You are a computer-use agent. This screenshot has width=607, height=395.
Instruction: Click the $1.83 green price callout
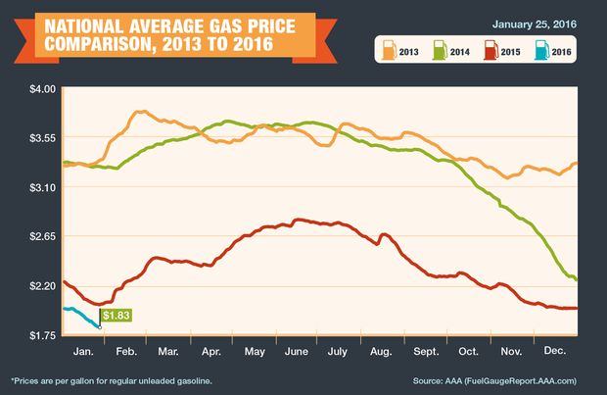coord(117,316)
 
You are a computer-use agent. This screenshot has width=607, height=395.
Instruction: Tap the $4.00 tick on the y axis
coord(42,89)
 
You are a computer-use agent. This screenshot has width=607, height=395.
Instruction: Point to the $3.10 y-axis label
coord(42,187)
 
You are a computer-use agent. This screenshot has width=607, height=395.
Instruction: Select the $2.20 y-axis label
coord(42,286)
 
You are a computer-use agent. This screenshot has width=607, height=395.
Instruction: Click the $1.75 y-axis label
coord(42,335)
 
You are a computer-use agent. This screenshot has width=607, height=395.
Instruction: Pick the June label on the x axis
coord(297,352)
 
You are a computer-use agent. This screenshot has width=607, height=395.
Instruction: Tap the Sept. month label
coord(426,352)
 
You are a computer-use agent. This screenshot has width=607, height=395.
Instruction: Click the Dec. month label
coord(555,351)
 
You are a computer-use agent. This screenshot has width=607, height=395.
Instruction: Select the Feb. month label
coord(126,352)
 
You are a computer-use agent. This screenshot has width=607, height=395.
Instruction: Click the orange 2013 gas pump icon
coord(389,50)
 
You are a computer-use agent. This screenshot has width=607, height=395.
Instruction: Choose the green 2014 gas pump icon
coord(440,50)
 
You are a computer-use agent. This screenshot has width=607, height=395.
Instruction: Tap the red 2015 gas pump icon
coord(490,50)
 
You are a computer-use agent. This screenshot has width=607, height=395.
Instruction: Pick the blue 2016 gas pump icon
coord(542,50)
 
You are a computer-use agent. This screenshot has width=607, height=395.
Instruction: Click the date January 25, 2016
coord(535,25)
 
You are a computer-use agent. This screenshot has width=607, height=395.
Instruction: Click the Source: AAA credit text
coord(494,381)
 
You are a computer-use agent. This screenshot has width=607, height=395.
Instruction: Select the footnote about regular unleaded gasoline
coord(112,381)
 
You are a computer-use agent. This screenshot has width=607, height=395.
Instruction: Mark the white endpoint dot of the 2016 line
coord(100,327)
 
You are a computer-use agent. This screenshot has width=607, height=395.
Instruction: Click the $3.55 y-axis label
coord(42,138)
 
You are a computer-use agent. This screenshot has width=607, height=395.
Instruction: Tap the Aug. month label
coord(381,352)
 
